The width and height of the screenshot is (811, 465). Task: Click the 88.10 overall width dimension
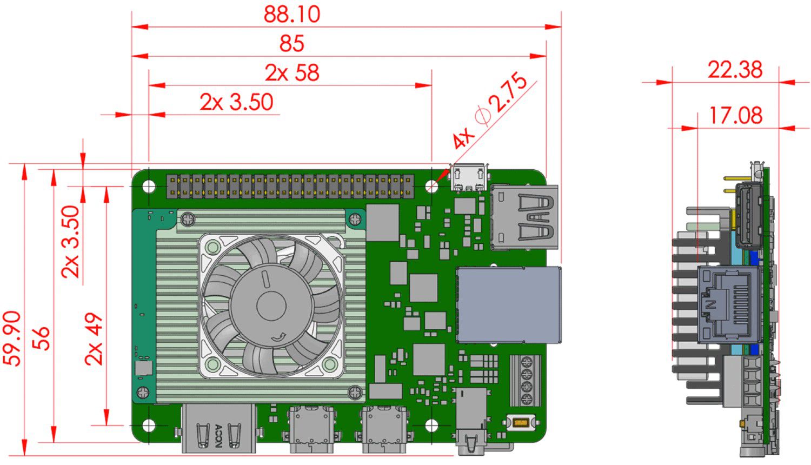click(291, 14)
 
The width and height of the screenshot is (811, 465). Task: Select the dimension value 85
click(291, 43)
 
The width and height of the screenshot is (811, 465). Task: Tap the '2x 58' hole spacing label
click(291, 72)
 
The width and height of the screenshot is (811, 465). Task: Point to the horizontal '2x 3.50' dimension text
click(236, 102)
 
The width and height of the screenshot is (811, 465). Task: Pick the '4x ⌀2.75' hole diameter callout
click(490, 111)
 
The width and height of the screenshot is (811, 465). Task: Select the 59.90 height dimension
click(12, 338)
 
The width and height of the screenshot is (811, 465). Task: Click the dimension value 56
click(41, 338)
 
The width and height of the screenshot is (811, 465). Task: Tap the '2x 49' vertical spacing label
click(94, 338)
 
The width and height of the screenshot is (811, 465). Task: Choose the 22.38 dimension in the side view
click(735, 70)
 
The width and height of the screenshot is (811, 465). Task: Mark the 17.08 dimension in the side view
click(735, 115)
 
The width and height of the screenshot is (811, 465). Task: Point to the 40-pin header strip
click(290, 185)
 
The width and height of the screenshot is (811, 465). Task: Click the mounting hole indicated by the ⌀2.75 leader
click(432, 186)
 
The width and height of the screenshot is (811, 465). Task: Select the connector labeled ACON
click(219, 428)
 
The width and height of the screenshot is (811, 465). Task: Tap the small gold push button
click(521, 422)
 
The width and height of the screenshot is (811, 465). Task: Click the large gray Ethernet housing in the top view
click(508, 305)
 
